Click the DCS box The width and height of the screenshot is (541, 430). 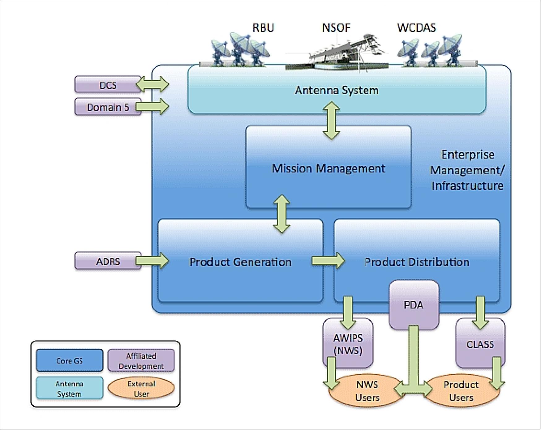[107, 85]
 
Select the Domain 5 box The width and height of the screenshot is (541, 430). [107, 107]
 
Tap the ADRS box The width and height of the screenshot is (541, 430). [107, 262]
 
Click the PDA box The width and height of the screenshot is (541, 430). [414, 305]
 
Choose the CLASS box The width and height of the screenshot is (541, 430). [480, 344]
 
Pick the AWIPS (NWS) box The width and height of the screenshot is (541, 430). [348, 344]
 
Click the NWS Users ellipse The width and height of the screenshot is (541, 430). [367, 391]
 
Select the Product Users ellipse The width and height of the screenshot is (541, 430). [461, 391]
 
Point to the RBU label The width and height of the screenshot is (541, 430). [263, 28]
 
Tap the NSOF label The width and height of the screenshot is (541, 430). [336, 28]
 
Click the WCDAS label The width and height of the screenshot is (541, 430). [416, 28]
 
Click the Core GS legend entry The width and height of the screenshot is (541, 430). [69, 360]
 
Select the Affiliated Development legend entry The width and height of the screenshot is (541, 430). [141, 361]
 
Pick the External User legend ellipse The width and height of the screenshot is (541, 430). [141, 389]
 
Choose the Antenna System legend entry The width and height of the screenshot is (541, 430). [69, 389]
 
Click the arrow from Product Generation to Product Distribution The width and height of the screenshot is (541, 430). [328, 261]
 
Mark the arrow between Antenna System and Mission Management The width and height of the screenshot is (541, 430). [331, 121]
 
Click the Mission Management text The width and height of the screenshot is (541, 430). [328, 168]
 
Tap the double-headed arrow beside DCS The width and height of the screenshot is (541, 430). [152, 84]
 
